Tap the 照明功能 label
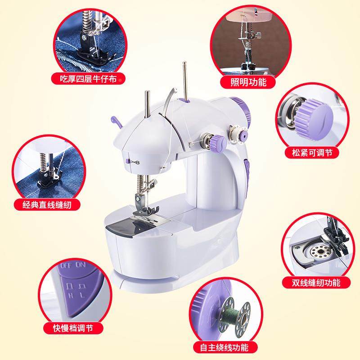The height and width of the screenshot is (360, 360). [248, 82]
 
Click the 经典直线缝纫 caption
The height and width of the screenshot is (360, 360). [48, 205]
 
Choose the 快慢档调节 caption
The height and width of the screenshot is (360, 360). [74, 328]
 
